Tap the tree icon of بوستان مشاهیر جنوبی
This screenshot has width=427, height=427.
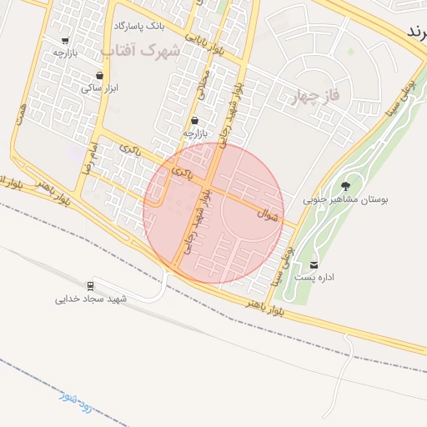pos(345,185)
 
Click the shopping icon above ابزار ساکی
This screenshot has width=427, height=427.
pos(99,75)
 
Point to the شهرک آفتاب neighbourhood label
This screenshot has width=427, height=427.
pos(141,51)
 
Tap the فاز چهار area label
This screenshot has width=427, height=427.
pos(314,95)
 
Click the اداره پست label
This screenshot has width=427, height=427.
pos(314,278)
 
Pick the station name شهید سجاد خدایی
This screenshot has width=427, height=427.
pos(90,297)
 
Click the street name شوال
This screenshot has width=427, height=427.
pos(268,214)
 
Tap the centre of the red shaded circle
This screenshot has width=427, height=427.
pos(213,213)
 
